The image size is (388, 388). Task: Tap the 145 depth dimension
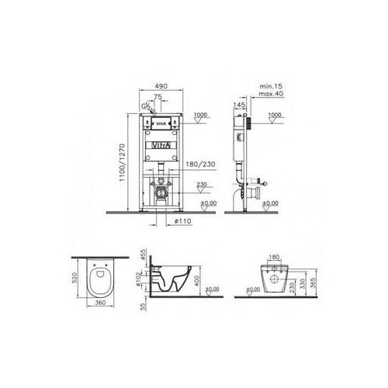239,105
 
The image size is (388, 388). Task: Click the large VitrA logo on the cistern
160,145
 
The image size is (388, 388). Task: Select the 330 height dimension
299,283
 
